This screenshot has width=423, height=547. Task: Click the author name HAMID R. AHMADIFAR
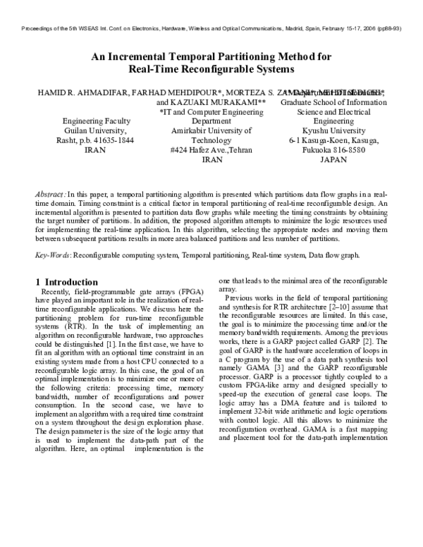coord(73,92)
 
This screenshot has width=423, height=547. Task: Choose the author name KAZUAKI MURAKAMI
coord(220,102)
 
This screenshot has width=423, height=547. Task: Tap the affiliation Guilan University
coord(95,130)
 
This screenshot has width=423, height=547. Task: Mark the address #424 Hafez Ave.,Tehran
coord(211,150)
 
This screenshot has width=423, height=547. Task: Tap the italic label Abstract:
coord(52,193)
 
